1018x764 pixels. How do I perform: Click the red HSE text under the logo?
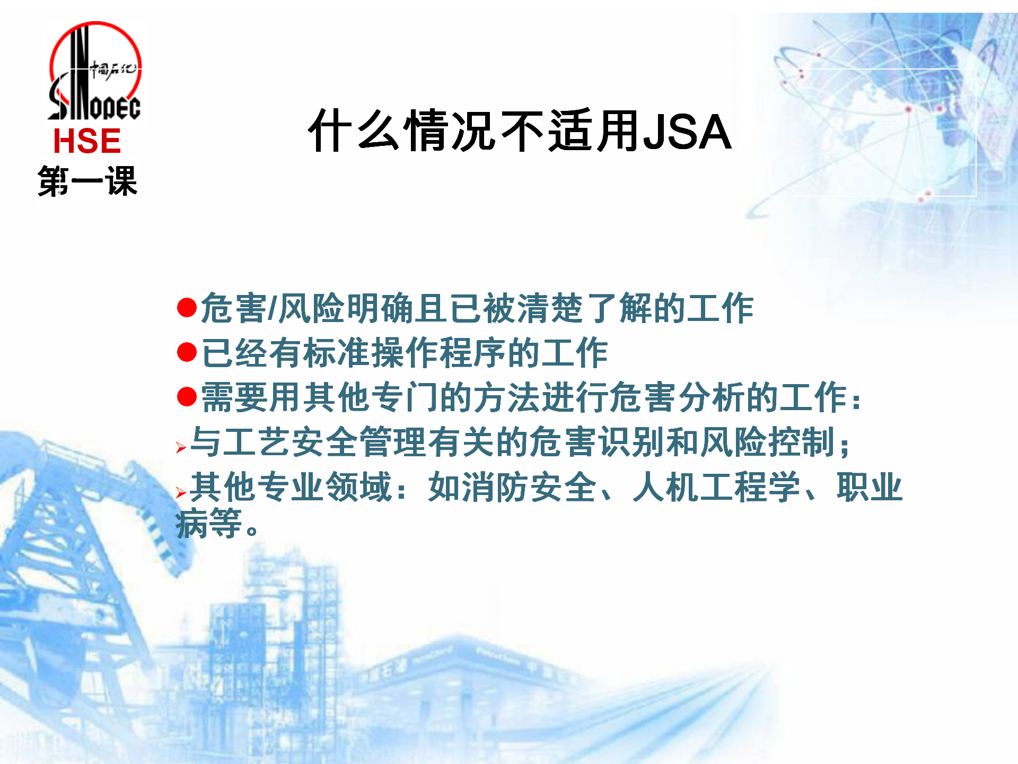click(87, 141)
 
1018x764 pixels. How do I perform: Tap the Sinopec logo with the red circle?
click(94, 71)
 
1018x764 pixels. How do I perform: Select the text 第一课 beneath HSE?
click(87, 181)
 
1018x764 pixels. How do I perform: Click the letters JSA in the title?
click(687, 132)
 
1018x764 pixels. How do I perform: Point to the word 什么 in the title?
click(354, 131)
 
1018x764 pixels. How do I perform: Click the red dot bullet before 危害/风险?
click(187, 308)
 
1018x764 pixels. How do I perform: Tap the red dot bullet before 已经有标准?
click(187, 352)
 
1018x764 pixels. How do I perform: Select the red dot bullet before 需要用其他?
click(187, 397)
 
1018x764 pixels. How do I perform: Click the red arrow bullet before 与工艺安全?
click(181, 448)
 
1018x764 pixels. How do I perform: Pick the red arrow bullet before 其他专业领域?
click(181, 493)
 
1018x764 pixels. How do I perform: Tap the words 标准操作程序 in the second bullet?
click(405, 352)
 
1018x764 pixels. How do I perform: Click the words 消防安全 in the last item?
click(529, 487)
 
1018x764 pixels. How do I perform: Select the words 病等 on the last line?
click(209, 523)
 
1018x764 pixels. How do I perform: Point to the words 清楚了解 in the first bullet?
click(585, 308)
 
